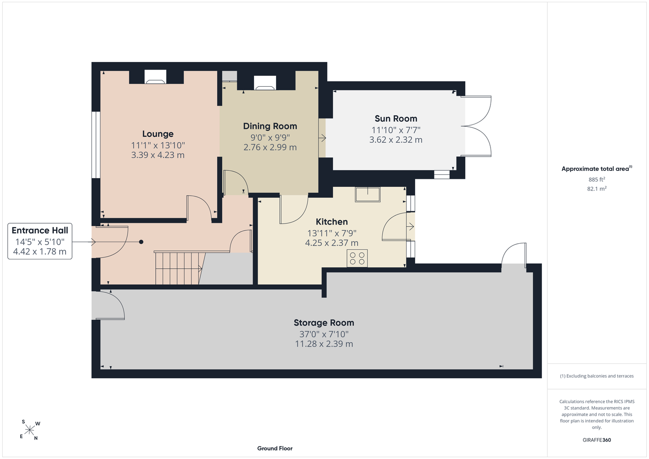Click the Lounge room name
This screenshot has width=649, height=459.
click(x=158, y=134)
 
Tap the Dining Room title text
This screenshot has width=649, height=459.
click(x=270, y=126)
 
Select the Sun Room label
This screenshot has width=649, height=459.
click(x=396, y=119)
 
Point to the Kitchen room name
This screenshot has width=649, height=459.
click(x=332, y=222)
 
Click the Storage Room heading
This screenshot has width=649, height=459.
click(x=324, y=323)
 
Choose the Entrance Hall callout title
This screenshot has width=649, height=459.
click(x=40, y=230)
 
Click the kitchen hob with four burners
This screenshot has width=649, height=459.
click(x=357, y=258)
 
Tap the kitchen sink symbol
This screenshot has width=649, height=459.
click(x=367, y=194)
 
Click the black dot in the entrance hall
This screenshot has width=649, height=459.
click(x=141, y=242)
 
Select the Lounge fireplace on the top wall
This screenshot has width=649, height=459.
click(x=156, y=77)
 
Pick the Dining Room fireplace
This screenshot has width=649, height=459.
click(x=265, y=83)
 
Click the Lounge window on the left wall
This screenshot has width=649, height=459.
click(x=96, y=145)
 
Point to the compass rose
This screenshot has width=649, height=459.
click(x=29, y=430)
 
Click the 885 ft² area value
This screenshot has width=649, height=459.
click(x=596, y=179)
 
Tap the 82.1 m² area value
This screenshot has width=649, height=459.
click(x=597, y=189)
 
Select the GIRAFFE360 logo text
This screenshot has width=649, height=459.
click(x=597, y=440)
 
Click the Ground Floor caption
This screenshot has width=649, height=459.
click(x=275, y=448)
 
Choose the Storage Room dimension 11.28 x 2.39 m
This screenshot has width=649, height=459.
click(x=324, y=344)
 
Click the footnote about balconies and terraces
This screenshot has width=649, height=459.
click(x=597, y=376)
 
